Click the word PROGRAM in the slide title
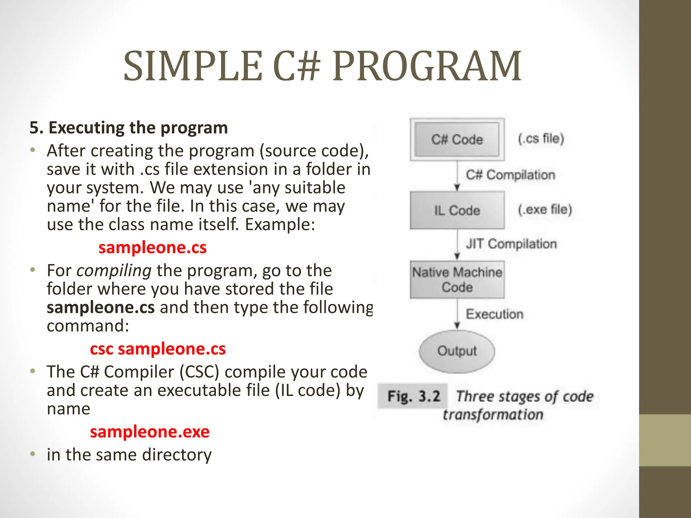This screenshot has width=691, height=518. point(427,66)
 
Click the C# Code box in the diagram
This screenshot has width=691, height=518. point(457,139)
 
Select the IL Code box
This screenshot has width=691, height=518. point(457,210)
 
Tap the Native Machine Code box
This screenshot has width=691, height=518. point(457,280)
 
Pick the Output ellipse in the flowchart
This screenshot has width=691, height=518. point(457,351)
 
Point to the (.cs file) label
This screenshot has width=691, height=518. point(541,138)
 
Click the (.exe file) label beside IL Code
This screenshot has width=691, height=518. point(545,209)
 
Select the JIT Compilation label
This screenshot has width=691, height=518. point(511,243)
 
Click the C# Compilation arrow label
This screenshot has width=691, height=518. point(510,175)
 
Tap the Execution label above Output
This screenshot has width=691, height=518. point(495,314)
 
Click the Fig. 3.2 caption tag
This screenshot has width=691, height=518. point(414,396)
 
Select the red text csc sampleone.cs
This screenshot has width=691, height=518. point(158,349)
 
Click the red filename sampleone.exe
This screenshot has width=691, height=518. point(149,432)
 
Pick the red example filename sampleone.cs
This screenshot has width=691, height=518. point(153,248)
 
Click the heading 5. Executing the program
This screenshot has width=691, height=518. point(129,128)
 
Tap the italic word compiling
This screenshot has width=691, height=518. point(114,270)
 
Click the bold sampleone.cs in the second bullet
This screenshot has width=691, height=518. point(101,307)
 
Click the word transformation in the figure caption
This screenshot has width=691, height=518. point(493,414)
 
